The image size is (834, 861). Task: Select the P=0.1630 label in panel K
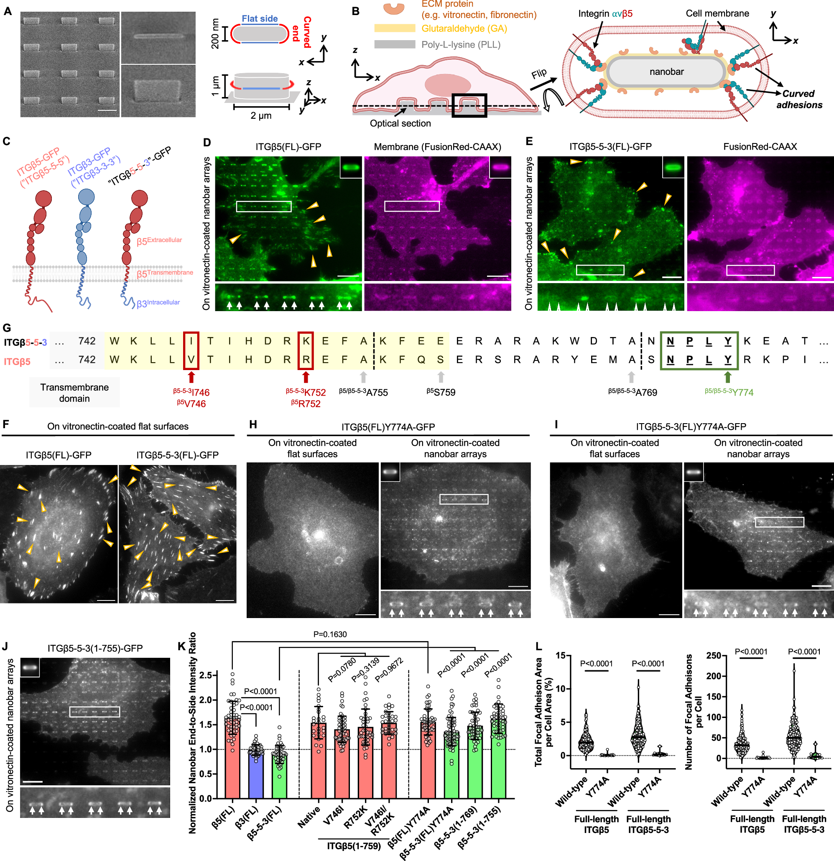(x=330, y=634)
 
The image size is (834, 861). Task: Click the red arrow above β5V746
(x=191, y=377)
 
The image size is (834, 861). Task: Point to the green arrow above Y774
(x=728, y=377)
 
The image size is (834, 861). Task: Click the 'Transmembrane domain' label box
(x=74, y=393)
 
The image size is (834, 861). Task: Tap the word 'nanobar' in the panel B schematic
(x=666, y=72)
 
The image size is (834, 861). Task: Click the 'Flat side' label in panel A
(x=260, y=18)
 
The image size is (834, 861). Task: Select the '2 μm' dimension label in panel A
(x=261, y=115)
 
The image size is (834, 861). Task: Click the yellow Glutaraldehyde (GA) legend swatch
(x=394, y=28)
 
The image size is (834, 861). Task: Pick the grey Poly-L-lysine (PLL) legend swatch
(x=394, y=44)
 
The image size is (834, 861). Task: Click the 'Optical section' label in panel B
(x=400, y=123)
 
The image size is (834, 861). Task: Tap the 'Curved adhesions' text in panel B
(x=799, y=99)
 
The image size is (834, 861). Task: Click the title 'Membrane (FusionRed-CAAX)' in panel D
(x=437, y=147)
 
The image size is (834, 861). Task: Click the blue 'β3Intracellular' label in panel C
(x=158, y=303)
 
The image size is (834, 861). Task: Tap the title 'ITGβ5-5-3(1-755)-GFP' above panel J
(x=95, y=648)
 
